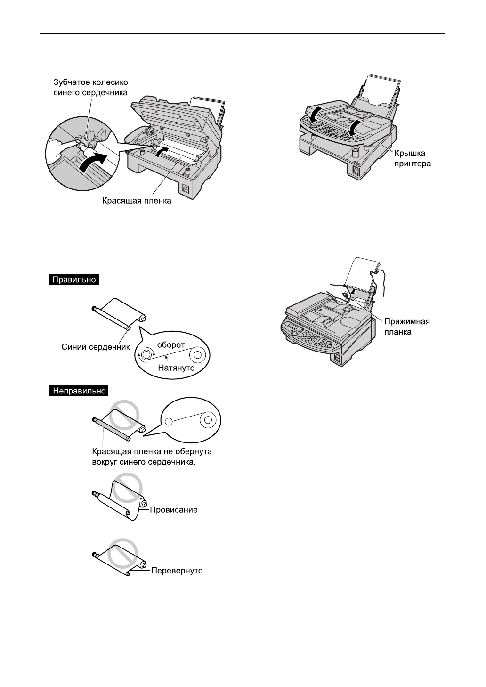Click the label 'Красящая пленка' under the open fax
pos(137,201)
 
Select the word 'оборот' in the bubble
pos(170,344)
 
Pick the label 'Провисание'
pos(173,510)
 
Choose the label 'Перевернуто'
pos(177,571)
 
